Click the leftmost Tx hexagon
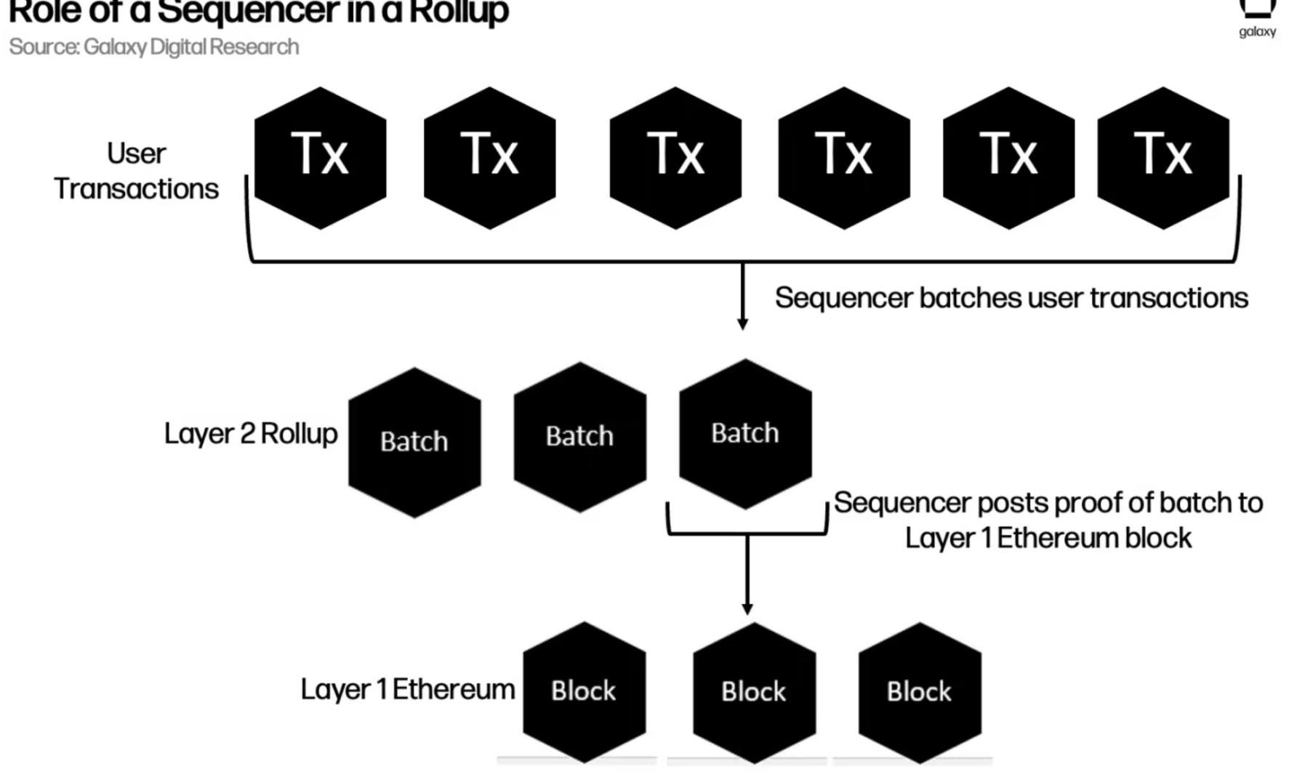pyautogui.click(x=320, y=158)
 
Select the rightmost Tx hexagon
pyautogui.click(x=1163, y=158)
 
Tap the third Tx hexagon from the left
pyautogui.click(x=675, y=158)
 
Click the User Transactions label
pyautogui.click(x=137, y=172)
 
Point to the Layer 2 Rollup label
pyautogui.click(x=251, y=434)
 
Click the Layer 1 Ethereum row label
pyautogui.click(x=407, y=689)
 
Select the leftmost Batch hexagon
pyautogui.click(x=414, y=442)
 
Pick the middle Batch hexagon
pyautogui.click(x=579, y=437)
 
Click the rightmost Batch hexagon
pyautogui.click(x=745, y=433)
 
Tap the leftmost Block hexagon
pyautogui.click(x=584, y=691)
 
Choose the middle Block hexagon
pyautogui.click(x=754, y=692)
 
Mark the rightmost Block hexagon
pyautogui.click(x=920, y=692)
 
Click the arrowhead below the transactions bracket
pyautogui.click(x=742, y=323)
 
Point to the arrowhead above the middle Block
pyautogui.click(x=747, y=608)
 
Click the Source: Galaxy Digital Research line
pyautogui.click(x=154, y=47)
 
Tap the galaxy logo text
pyautogui.click(x=1257, y=32)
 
